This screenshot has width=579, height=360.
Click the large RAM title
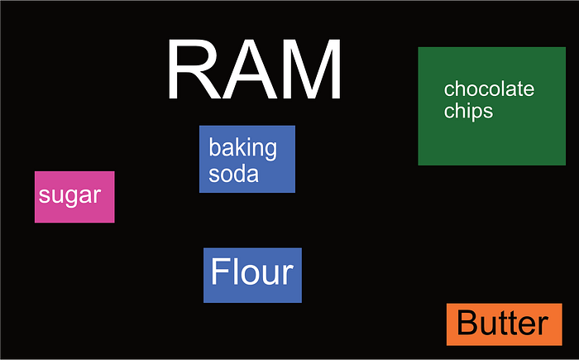tap(254, 70)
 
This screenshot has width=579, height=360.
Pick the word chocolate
tap(489, 89)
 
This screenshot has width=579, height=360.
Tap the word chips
tap(468, 111)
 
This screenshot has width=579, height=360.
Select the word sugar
tap(69, 196)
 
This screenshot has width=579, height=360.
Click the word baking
tap(242, 149)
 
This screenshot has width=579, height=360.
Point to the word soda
tap(233, 174)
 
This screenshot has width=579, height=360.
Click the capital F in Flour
tap(219, 272)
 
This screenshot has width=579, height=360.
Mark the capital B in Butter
tap(468, 324)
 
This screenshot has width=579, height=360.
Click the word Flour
tap(252, 272)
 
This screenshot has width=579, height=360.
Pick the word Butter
tap(503, 324)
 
